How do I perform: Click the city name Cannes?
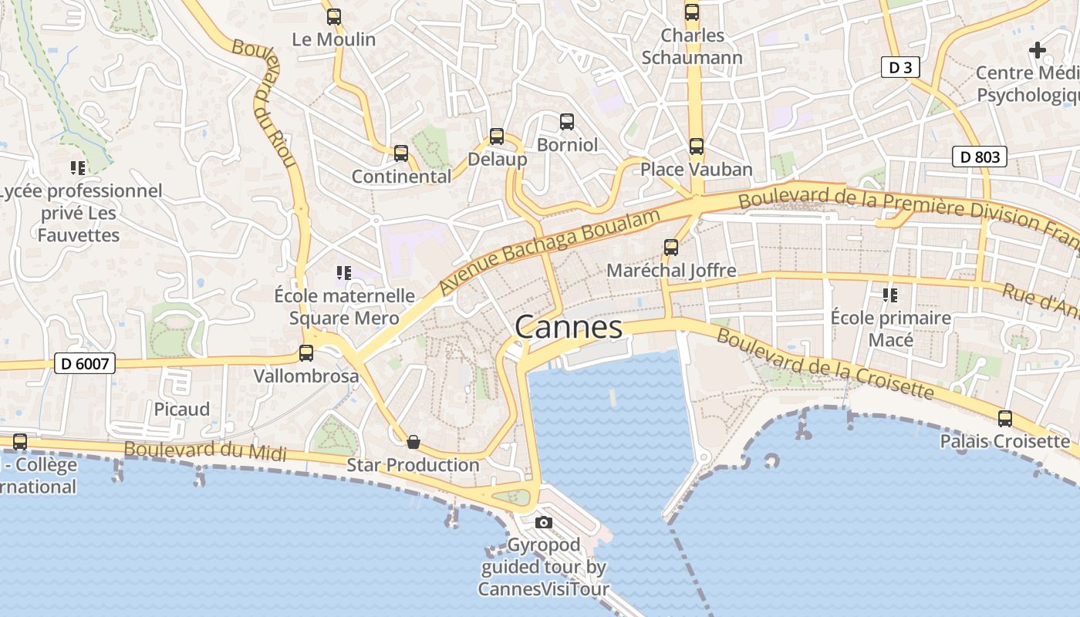569,327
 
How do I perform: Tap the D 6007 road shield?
85,363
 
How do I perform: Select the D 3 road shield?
900,68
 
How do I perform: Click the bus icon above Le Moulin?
334,16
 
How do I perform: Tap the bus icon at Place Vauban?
697,146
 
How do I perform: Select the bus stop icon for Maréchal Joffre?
671,247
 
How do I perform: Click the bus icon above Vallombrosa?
306,353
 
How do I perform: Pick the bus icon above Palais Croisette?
1005,419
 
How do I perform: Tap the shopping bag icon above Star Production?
413,442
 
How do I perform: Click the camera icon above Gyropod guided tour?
544,522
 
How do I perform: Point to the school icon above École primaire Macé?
890,295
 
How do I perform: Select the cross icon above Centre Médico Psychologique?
1038,51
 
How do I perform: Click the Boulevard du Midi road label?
204,451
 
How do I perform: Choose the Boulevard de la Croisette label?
825,364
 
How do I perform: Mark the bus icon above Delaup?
497,137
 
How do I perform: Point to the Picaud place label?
182,409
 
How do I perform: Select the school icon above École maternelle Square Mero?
344,272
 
